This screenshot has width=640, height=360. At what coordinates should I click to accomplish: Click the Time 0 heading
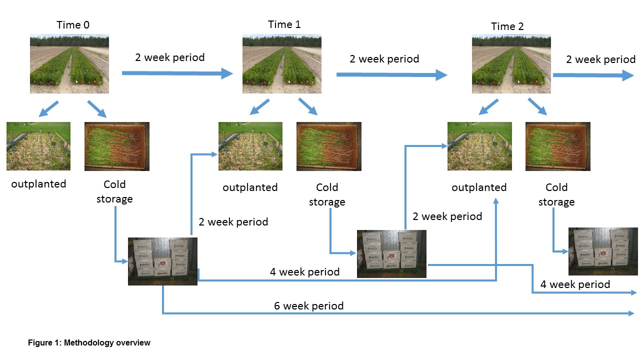(x=73, y=25)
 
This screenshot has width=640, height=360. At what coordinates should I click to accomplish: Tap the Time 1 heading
(x=284, y=24)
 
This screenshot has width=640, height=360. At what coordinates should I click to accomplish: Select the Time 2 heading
(x=507, y=26)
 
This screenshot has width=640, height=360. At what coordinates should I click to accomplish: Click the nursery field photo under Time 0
(x=69, y=63)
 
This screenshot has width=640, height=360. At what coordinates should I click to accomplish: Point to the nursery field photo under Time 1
(x=282, y=63)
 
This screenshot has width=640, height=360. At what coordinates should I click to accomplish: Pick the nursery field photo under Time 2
(x=511, y=63)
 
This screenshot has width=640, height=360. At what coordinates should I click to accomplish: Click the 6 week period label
(x=309, y=306)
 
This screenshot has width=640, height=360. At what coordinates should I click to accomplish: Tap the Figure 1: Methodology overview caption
(x=89, y=342)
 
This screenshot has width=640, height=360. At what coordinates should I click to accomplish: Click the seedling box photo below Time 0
(x=117, y=146)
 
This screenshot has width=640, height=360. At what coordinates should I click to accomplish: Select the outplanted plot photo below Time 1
(x=250, y=146)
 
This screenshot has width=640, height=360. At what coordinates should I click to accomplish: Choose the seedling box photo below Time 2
(x=558, y=146)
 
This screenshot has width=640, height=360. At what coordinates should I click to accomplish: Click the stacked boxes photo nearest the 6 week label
(x=162, y=261)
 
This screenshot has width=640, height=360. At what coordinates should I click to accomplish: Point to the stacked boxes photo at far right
(x=603, y=251)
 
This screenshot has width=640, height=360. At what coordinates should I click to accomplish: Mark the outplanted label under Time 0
(x=38, y=184)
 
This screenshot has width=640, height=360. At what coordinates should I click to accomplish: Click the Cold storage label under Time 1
(x=327, y=194)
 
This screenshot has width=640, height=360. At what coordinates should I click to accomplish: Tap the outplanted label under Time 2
(x=479, y=187)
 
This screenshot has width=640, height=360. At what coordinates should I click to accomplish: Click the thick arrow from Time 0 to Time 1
(x=177, y=73)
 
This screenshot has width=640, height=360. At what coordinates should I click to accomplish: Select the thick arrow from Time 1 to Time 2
(x=391, y=75)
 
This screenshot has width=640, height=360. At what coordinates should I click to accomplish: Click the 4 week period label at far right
(x=575, y=284)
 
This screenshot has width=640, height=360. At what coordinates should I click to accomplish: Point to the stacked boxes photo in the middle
(x=391, y=254)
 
